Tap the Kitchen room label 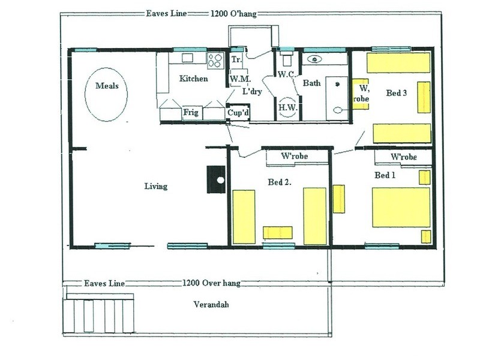(x=193, y=79)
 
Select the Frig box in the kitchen (x=191, y=112)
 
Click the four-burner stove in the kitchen (x=215, y=59)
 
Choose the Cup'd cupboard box (x=236, y=113)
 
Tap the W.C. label (x=284, y=74)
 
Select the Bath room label (x=311, y=83)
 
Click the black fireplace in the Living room (x=215, y=179)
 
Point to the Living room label (x=155, y=186)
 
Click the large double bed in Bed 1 (x=401, y=207)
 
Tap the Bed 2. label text (x=278, y=181)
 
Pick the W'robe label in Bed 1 (x=403, y=157)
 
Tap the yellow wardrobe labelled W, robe (x=360, y=94)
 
